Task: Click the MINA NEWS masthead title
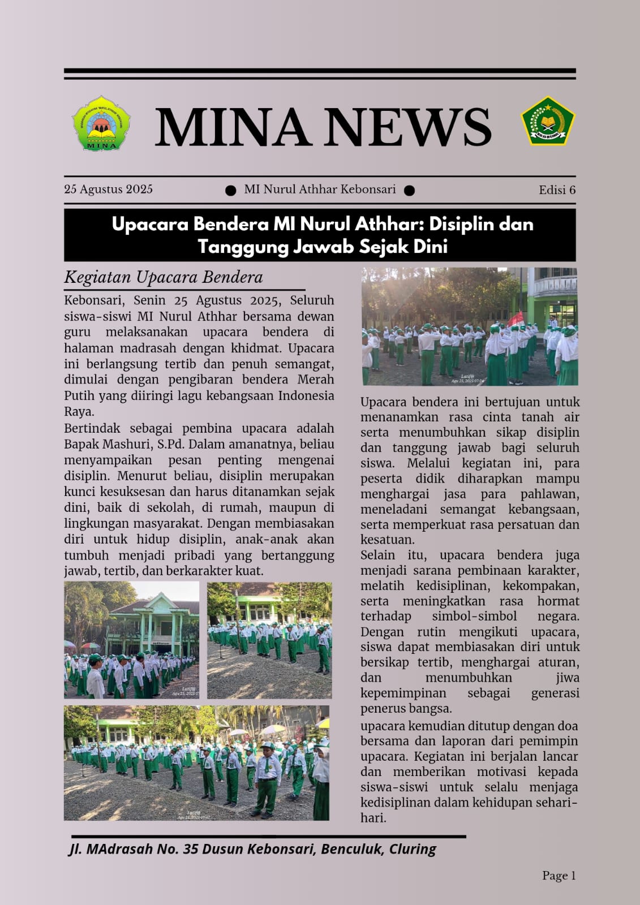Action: point(323,127)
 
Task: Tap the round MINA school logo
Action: point(101,123)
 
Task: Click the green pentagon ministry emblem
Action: point(547,120)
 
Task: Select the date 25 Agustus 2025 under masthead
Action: point(108,189)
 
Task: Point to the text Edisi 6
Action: point(557,190)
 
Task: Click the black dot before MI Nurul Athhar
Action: point(230,191)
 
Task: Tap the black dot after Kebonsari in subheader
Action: point(409,191)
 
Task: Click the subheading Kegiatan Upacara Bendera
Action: point(164,277)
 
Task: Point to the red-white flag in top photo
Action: point(516,320)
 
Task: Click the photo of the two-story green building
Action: point(131,640)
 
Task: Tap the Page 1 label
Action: point(559,876)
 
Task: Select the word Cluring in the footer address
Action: point(413,849)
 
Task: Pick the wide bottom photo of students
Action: point(196,762)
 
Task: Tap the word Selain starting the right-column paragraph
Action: point(377,555)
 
